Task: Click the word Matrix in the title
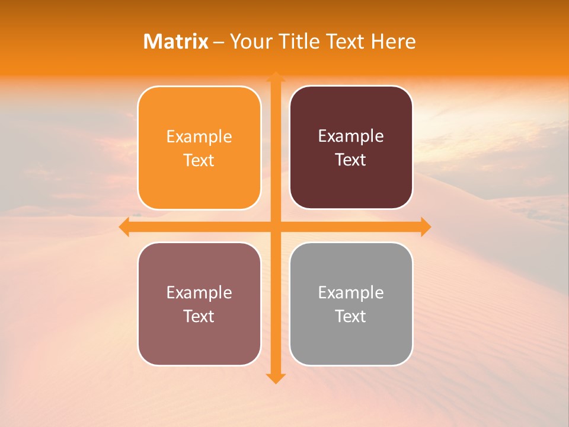(176, 42)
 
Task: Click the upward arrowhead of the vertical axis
(275, 77)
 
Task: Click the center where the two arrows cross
(275, 227)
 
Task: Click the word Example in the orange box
(199, 137)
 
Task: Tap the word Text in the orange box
(199, 161)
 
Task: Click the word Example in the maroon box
(351, 136)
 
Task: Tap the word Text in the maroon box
(351, 160)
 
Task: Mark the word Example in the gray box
(351, 292)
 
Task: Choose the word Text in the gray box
(351, 316)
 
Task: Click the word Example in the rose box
(199, 292)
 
